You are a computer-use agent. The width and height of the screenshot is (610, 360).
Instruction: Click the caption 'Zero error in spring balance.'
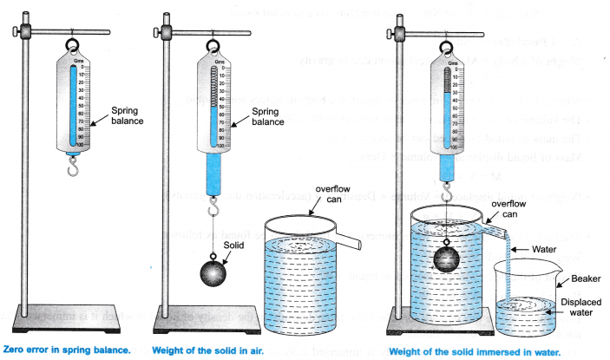tap(68, 350)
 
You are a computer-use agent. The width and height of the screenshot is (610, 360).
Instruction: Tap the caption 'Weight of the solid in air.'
tap(207, 350)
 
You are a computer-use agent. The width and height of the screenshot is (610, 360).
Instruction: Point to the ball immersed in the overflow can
tap(446, 259)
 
